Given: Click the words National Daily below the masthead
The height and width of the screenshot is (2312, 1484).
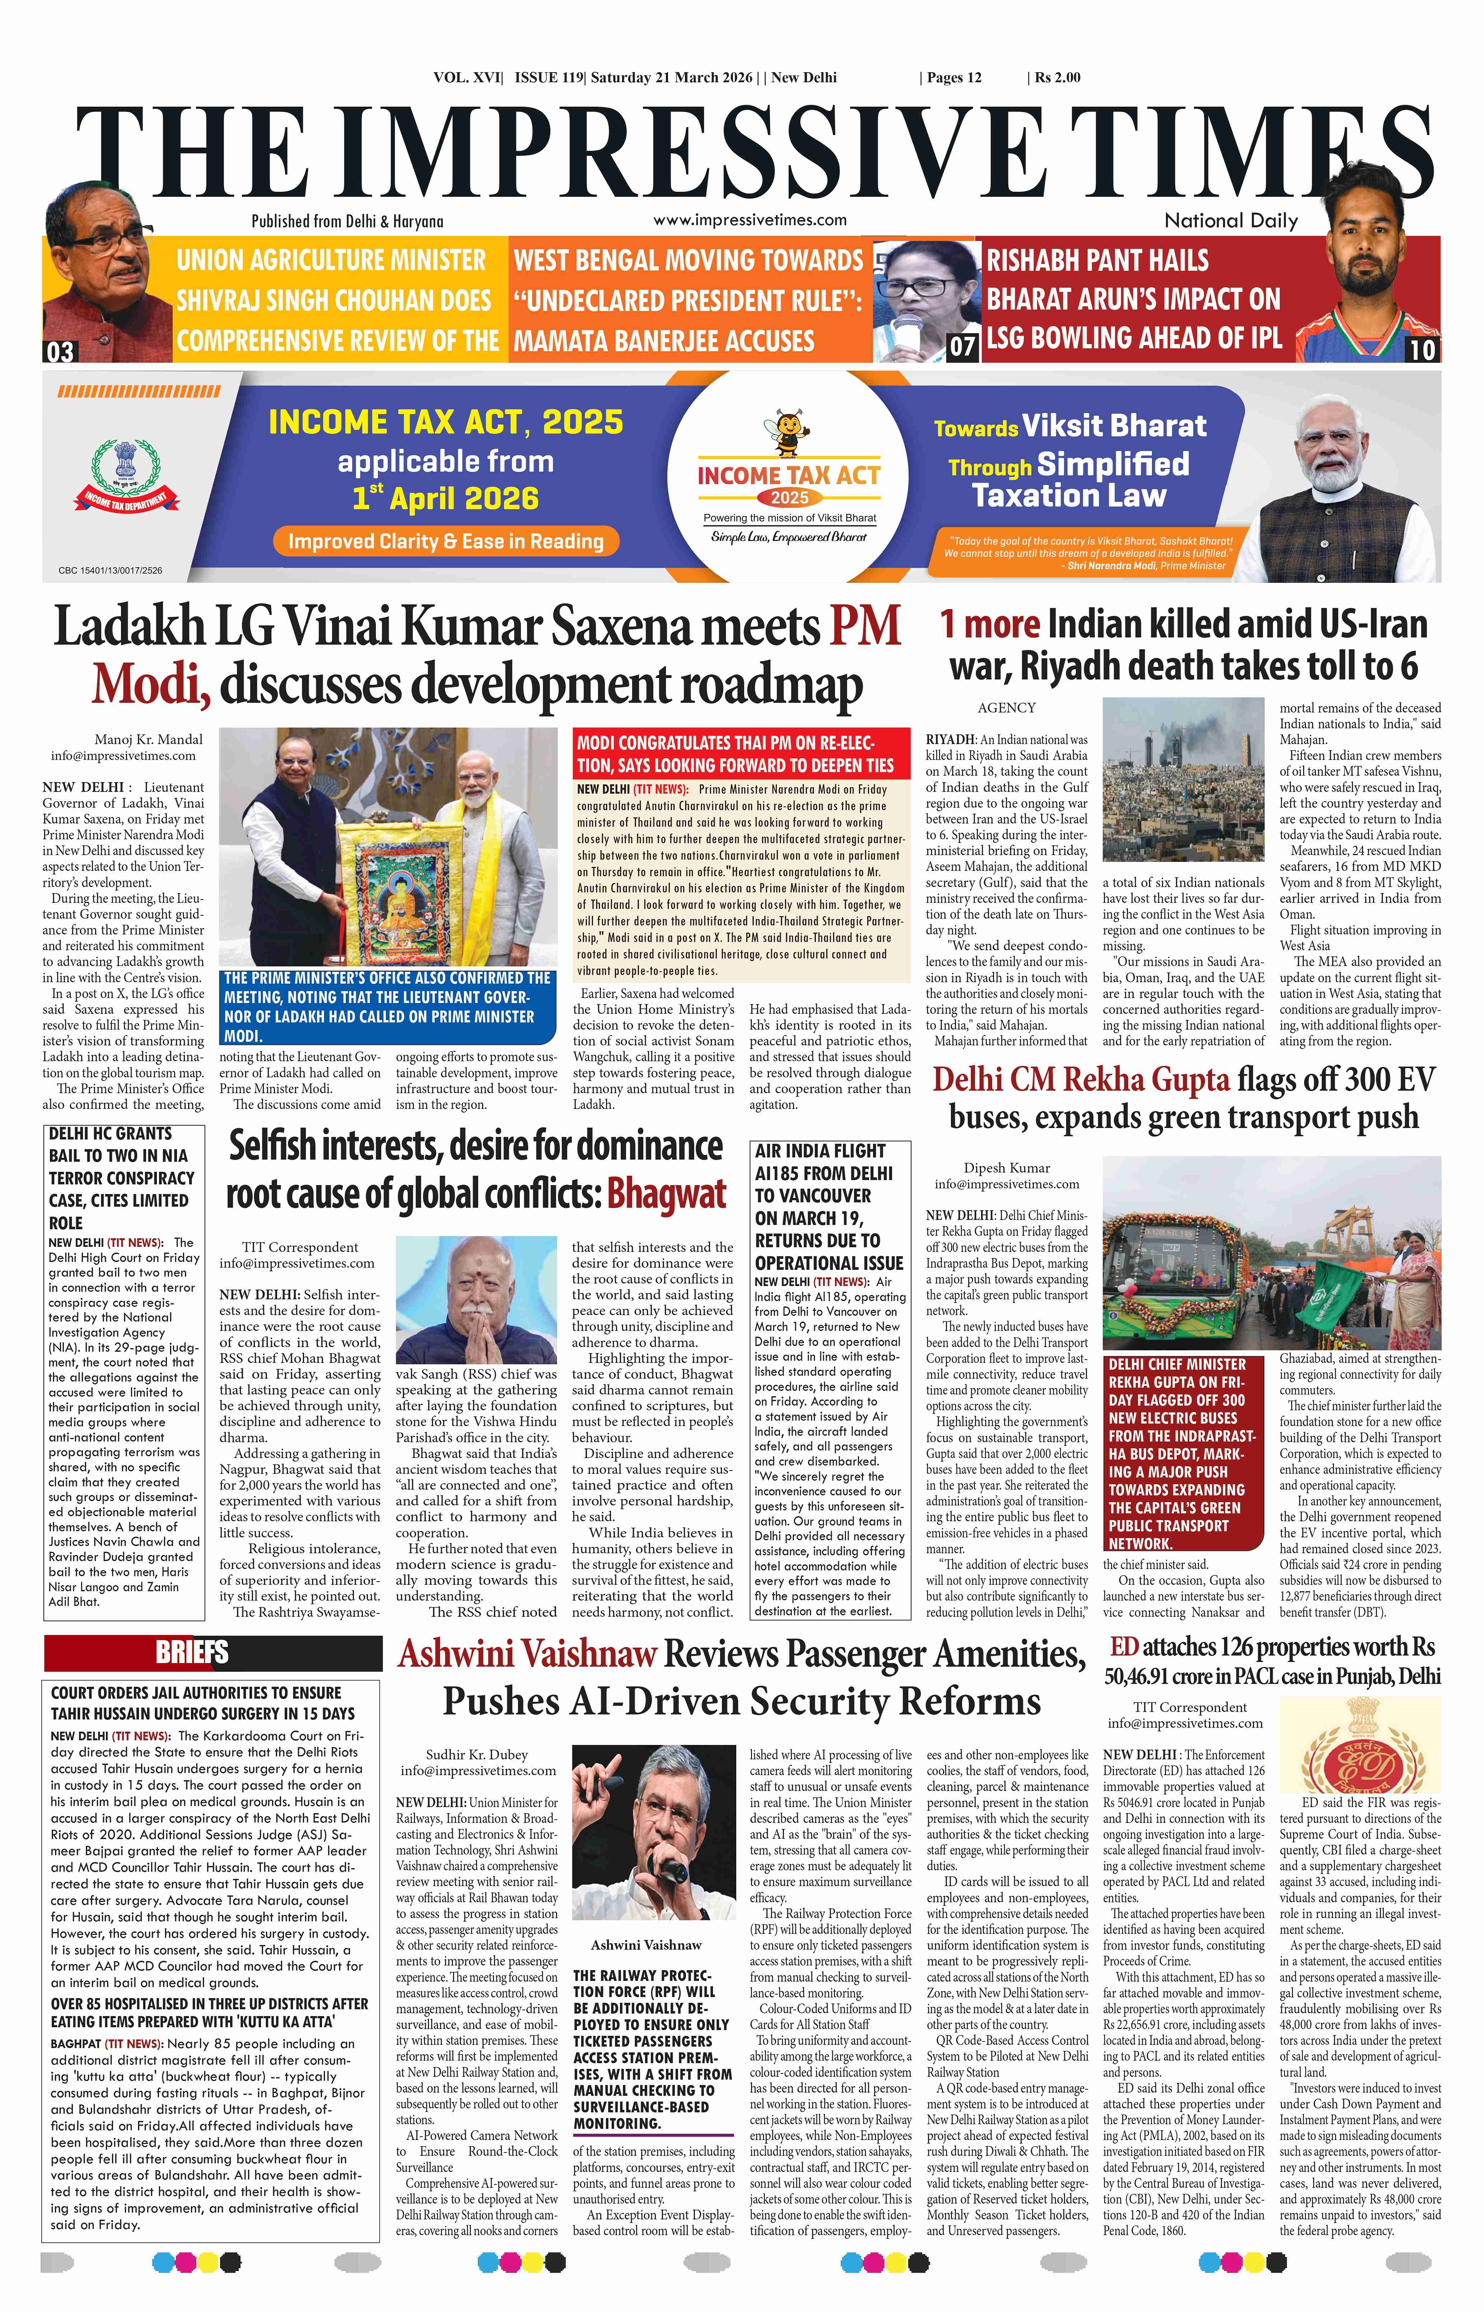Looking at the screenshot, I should tap(1231, 220).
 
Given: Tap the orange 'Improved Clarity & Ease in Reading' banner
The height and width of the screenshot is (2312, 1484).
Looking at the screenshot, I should tap(445, 542).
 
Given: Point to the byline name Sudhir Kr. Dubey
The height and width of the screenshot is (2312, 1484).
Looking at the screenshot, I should tap(477, 1754).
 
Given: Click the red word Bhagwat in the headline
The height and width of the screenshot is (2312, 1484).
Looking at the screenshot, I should tap(666, 1195).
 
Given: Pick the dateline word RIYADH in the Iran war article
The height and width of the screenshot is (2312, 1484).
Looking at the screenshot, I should tap(950, 740).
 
